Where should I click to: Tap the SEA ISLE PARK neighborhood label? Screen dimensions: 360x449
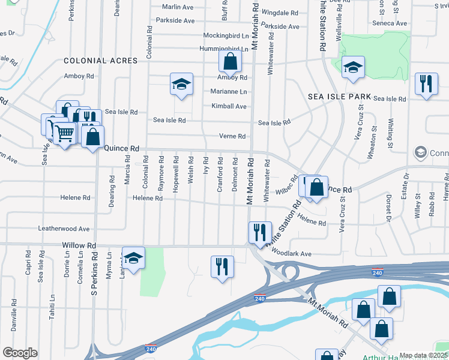pyautogui.click(x=332, y=96)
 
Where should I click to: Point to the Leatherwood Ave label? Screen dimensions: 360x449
pyautogui.click(x=64, y=229)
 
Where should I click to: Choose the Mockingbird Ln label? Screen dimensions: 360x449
pyautogui.click(x=226, y=35)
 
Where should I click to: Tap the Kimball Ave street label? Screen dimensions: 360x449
pyautogui.click(x=229, y=106)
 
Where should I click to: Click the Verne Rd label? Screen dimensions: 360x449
pyautogui.click(x=232, y=136)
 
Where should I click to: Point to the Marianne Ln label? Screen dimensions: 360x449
pyautogui.click(x=229, y=92)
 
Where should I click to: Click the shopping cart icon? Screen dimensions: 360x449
pyautogui.click(x=64, y=133)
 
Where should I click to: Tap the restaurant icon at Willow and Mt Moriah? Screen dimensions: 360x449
pyautogui.click(x=260, y=232)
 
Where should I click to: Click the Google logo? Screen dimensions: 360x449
pyautogui.click(x=20, y=353)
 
